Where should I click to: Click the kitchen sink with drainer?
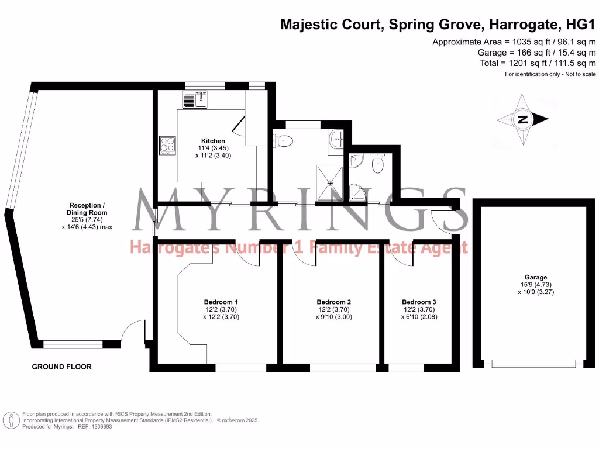(x=196, y=100)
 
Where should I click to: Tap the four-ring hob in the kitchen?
(x=167, y=145)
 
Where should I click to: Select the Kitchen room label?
(x=213, y=141)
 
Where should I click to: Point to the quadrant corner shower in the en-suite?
(x=357, y=191)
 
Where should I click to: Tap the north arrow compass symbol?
(x=522, y=120)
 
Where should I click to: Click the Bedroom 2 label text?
(x=333, y=302)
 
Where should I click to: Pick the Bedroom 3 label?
(x=419, y=302)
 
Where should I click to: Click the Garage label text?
(x=535, y=278)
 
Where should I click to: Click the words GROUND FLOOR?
(x=61, y=367)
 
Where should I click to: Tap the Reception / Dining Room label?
(x=88, y=209)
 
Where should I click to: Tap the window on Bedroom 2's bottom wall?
(x=343, y=367)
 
